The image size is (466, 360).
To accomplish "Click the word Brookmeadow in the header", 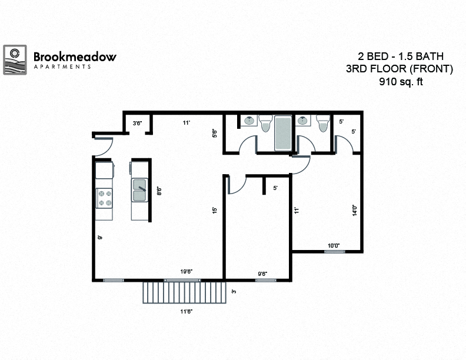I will [x=75, y=57].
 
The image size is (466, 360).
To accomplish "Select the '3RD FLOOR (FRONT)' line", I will [x=400, y=69].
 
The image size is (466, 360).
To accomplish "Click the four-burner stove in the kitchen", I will [x=104, y=198].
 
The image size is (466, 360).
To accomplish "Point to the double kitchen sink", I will [x=139, y=190].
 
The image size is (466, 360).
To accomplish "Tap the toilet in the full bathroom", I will [x=265, y=124].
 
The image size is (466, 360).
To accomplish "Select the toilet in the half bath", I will [x=322, y=123].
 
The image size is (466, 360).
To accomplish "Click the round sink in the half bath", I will [x=304, y=121].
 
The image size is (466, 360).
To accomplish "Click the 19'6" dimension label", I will [x=187, y=271].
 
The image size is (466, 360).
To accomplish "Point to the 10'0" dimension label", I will [x=334, y=246].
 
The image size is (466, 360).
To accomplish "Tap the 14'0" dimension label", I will [x=355, y=210].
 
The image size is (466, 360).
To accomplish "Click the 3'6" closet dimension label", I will [x=137, y=123].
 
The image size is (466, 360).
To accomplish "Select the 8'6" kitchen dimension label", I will [x=159, y=191].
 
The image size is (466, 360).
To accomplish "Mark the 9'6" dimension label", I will [x=263, y=273].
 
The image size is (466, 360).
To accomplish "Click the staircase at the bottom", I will [x=185, y=292].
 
